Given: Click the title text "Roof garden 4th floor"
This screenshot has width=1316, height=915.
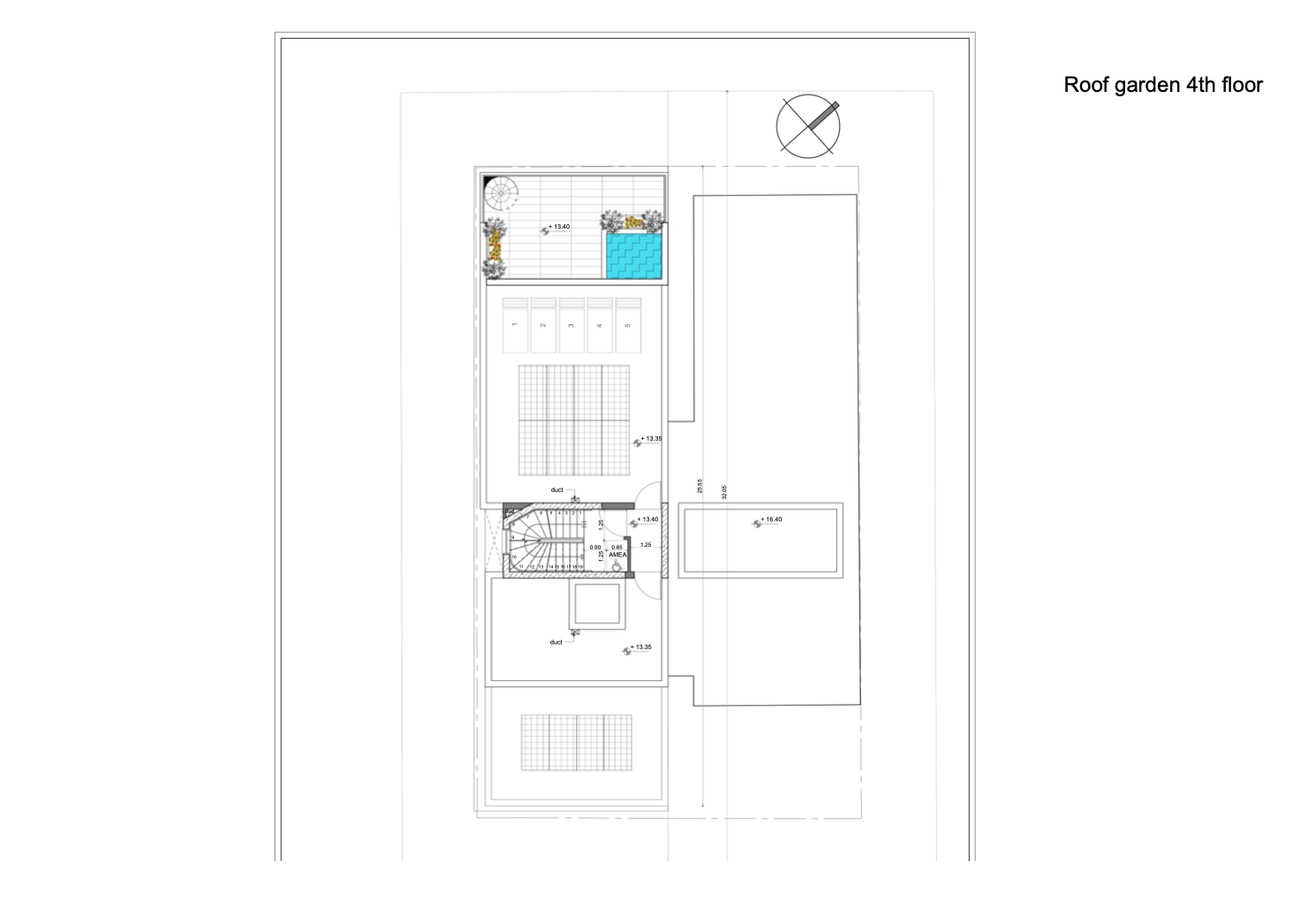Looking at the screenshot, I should point(1162,85).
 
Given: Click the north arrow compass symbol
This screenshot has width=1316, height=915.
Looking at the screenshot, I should point(808,126).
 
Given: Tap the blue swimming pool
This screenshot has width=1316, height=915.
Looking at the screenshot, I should point(633,255).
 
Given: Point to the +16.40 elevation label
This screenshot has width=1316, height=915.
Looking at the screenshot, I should point(772,519).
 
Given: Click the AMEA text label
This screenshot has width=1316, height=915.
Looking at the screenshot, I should point(617,555).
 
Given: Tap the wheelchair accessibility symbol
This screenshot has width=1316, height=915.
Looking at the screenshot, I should point(616,565).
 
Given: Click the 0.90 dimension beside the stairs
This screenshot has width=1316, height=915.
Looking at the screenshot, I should point(595,548).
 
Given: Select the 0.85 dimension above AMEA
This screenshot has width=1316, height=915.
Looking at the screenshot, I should point(616,548).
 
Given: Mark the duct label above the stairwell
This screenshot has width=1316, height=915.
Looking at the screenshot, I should point(556,489).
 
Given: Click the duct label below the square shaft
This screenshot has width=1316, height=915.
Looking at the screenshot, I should point(556,642).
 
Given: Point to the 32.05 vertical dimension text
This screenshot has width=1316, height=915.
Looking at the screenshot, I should point(724,492).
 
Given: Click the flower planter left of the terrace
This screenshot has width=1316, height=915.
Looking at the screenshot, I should point(495,247).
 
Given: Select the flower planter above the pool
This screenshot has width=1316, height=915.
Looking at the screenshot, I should point(632,221).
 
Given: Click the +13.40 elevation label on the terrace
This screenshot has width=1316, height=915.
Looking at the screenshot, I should point(559,227).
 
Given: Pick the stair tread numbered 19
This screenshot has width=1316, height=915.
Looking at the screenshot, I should point(580,566).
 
